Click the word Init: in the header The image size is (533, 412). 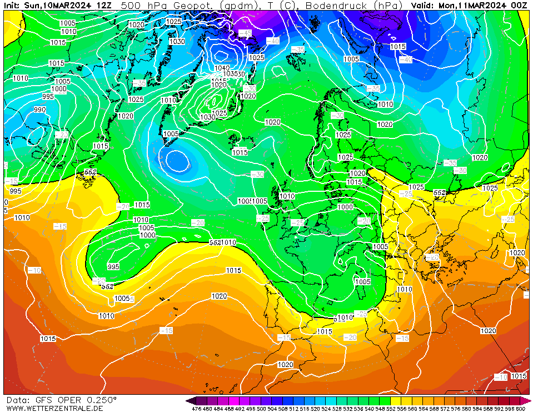[x=12, y=5]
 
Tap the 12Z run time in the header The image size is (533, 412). [x=103, y=5]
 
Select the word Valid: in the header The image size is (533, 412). [x=424, y=5]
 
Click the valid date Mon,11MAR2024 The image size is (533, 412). [x=474, y=5]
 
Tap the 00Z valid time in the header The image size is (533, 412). [x=519, y=5]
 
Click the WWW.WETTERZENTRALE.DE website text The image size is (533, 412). [x=54, y=408]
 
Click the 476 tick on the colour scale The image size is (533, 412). [x=196, y=409]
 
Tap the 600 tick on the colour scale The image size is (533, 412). [x=520, y=409]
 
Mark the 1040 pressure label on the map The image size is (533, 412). [x=221, y=68]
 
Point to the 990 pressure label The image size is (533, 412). [x=40, y=110]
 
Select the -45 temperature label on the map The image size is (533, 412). [x=245, y=33]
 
